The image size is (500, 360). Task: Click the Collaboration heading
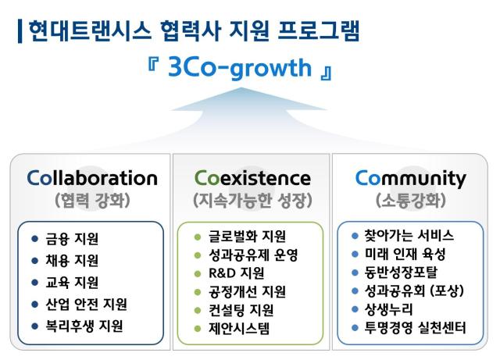pyautogui.click(x=91, y=177)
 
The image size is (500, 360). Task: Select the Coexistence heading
pyautogui.click(x=252, y=177)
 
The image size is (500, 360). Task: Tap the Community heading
pyautogui.click(x=410, y=178)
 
